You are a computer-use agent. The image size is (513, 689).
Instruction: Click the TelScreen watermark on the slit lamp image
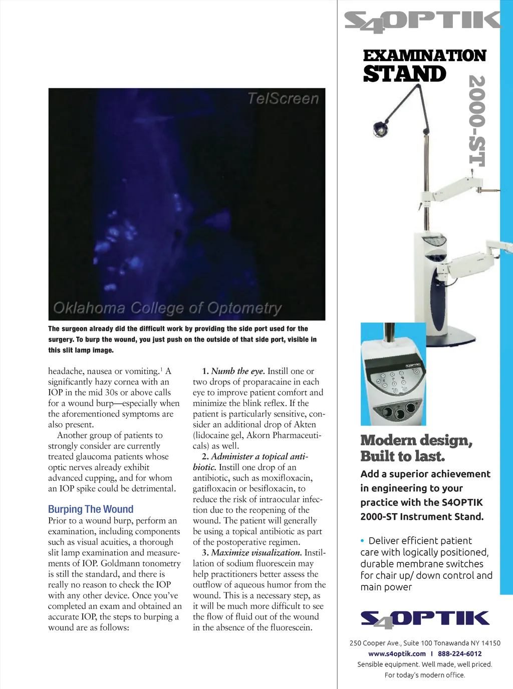[283, 99]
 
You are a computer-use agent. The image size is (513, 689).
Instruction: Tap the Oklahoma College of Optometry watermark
[167, 307]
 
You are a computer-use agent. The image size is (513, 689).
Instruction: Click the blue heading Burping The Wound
[91, 509]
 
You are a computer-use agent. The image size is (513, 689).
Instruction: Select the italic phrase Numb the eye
[238, 371]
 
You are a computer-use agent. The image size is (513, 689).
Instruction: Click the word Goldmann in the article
[121, 563]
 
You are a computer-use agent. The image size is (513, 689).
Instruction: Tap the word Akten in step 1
[305, 424]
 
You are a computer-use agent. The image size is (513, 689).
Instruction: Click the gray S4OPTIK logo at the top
[422, 21]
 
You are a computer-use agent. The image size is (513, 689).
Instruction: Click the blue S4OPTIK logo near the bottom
[425, 619]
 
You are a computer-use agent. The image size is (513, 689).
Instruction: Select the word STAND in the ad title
[404, 74]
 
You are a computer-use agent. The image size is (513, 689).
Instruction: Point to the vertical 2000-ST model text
[477, 121]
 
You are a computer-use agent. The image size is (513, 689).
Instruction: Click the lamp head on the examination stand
[380, 129]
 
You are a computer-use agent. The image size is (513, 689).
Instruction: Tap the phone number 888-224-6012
[459, 653]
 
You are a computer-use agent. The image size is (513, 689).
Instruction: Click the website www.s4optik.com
[397, 653]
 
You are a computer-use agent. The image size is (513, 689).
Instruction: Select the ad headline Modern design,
[416, 440]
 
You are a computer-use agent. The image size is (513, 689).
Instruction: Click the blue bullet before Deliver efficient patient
[362, 541]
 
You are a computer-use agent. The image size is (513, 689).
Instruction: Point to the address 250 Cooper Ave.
[374, 643]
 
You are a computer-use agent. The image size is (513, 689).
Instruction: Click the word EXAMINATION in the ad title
[424, 56]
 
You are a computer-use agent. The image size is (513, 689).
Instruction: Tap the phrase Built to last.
[402, 456]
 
